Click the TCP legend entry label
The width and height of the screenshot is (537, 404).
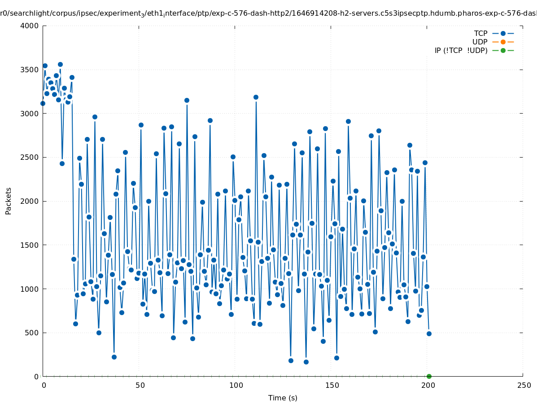[480, 33]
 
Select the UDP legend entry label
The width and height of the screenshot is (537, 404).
[480, 42]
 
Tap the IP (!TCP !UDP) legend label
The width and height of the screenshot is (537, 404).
[461, 50]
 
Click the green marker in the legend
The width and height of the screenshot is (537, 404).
[503, 50]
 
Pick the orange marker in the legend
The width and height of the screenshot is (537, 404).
[503, 42]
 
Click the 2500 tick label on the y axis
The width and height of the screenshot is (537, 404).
[30, 158]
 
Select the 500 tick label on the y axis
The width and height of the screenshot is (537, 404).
[32, 333]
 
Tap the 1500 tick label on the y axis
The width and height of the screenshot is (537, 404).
[30, 245]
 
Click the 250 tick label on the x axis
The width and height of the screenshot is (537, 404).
[523, 385]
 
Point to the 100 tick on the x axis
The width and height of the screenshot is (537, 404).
[235, 385]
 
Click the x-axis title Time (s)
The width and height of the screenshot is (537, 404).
[283, 398]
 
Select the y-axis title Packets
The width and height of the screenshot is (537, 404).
[9, 201]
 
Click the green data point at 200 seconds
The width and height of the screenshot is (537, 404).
[429, 376]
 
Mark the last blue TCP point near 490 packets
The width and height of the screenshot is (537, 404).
[429, 334]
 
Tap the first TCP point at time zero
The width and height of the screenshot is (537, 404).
[43, 103]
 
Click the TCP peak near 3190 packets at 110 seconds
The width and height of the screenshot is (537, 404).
[256, 97]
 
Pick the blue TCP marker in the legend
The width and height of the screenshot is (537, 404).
[503, 33]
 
